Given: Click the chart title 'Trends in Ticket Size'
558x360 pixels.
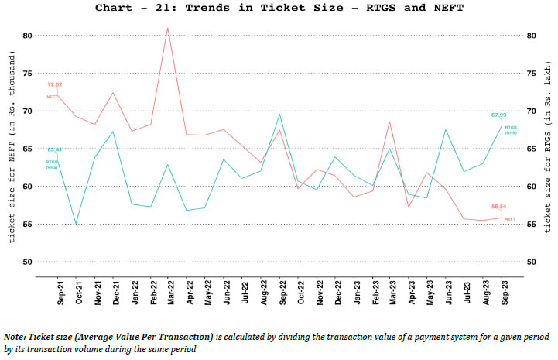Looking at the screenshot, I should click(x=279, y=8).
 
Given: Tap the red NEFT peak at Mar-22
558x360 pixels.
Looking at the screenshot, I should click(x=168, y=29).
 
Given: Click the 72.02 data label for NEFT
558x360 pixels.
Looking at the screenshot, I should click(x=54, y=84).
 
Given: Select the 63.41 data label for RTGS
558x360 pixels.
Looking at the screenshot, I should click(x=54, y=149).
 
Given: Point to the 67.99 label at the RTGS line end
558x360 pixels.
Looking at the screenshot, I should click(x=498, y=115).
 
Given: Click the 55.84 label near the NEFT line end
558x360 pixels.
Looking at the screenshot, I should click(x=498, y=207).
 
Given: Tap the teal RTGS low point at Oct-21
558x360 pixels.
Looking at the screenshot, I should click(x=76, y=224).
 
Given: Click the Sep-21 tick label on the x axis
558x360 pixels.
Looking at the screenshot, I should click(x=59, y=296).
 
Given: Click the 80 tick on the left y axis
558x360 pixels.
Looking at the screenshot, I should click(x=27, y=36).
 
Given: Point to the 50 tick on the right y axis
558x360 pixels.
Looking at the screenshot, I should click(x=530, y=262).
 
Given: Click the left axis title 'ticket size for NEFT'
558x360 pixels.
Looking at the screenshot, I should click(x=12, y=149).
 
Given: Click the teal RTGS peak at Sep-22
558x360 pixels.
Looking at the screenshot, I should click(x=279, y=115).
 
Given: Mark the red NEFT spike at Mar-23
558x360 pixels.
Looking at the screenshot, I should click(x=390, y=122).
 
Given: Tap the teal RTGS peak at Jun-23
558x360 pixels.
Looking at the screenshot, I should click(x=445, y=129).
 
